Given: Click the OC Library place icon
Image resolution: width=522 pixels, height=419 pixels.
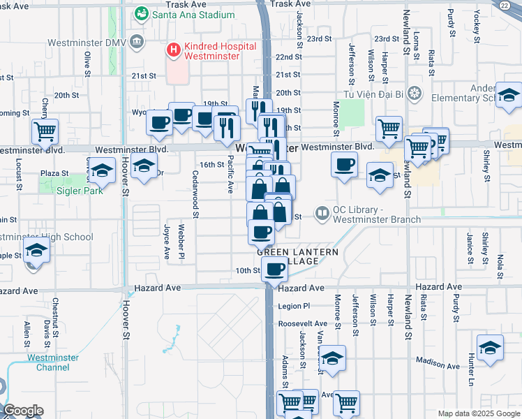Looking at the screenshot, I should click(322, 212).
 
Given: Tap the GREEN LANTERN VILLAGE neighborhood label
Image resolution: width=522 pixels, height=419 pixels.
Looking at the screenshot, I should click(297, 256).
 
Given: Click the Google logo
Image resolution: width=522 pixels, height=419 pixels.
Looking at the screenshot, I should click(23, 411).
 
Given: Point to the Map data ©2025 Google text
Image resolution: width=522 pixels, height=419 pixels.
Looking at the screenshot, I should click(478, 413).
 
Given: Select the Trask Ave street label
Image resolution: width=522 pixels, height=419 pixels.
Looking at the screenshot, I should click(290, 4).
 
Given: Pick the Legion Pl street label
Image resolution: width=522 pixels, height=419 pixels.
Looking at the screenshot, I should click(293, 306).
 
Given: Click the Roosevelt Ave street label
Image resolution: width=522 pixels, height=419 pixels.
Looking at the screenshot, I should click(302, 324).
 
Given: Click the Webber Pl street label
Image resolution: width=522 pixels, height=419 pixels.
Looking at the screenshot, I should click(181, 242).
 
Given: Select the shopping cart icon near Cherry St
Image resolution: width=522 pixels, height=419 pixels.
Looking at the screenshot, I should click(45, 130).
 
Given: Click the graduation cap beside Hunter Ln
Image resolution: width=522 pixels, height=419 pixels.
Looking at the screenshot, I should click(491, 347).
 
